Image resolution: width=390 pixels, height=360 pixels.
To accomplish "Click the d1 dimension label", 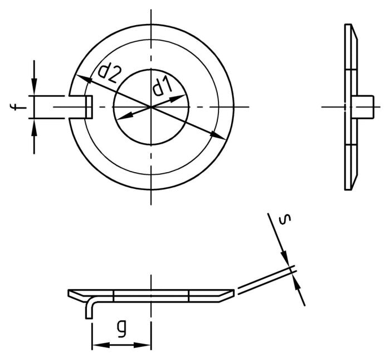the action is [163, 86].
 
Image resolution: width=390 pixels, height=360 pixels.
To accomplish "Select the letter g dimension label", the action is [122, 328].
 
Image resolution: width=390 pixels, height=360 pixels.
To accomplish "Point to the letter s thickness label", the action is [285, 219].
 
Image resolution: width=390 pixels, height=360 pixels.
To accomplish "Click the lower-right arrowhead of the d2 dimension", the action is [218, 135].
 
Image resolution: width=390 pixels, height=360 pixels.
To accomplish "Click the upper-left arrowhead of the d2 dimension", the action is [84, 79].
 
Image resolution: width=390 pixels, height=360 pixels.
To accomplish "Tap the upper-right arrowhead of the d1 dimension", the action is [178, 98].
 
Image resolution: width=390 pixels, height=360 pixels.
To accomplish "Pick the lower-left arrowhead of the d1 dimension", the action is [124, 116].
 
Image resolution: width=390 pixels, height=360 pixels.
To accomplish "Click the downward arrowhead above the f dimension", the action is [34, 87].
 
